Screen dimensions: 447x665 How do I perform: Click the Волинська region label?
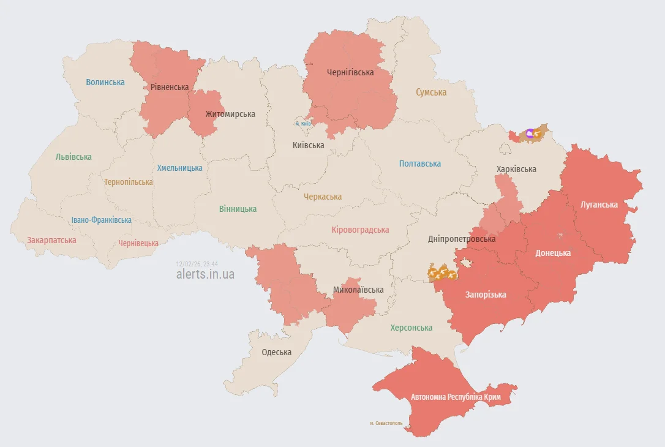pyautogui.click(x=105, y=82)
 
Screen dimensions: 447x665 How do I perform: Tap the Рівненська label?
pyautogui.click(x=170, y=87)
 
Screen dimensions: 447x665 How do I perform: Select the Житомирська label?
pyautogui.click(x=230, y=114)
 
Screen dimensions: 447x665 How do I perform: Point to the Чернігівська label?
pyautogui.click(x=350, y=72)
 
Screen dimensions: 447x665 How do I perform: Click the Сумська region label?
pyautogui.click(x=431, y=92)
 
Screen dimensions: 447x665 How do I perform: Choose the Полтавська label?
pyautogui.click(x=420, y=163)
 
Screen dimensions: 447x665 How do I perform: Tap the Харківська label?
pyautogui.click(x=516, y=169)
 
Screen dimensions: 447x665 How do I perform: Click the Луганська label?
pyautogui.click(x=599, y=204)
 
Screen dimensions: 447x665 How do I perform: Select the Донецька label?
pyautogui.click(x=553, y=253)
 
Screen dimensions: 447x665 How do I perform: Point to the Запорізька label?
pyautogui.click(x=486, y=295)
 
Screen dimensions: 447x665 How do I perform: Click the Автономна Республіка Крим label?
pyautogui.click(x=456, y=397)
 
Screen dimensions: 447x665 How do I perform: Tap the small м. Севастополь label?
pyautogui.click(x=386, y=423)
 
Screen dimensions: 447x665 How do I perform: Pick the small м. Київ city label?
pyautogui.click(x=303, y=124)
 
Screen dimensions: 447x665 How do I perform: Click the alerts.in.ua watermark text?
pyautogui.click(x=205, y=274)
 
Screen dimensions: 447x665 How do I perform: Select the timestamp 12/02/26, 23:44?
pyautogui.click(x=197, y=263)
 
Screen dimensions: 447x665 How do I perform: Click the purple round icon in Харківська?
pyautogui.click(x=530, y=132)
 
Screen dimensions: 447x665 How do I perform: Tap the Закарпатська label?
pyautogui.click(x=51, y=240)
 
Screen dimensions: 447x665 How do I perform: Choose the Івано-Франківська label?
pyautogui.click(x=101, y=220)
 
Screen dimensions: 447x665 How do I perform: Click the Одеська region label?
pyautogui.click(x=277, y=352)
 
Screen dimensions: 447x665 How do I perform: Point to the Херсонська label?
pyautogui.click(x=411, y=328)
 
